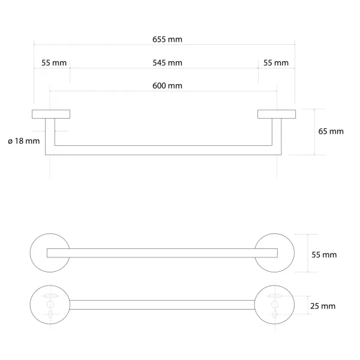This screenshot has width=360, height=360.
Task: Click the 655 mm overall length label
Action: coord(167,39)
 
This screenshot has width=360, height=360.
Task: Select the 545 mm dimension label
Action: coord(167,62)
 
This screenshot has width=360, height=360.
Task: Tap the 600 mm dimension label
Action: coord(167,86)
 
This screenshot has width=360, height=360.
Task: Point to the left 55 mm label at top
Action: coord(54,62)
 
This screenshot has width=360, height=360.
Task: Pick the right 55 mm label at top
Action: coord(276,62)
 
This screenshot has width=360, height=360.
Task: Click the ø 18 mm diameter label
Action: coord(23,141)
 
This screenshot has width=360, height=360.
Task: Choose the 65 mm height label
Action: coord(331,131)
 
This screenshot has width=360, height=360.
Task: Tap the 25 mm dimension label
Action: coord(323,306)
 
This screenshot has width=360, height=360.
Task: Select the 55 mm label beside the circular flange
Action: coord(324,254)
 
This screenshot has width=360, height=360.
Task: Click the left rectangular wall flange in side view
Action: coord(51,114)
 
